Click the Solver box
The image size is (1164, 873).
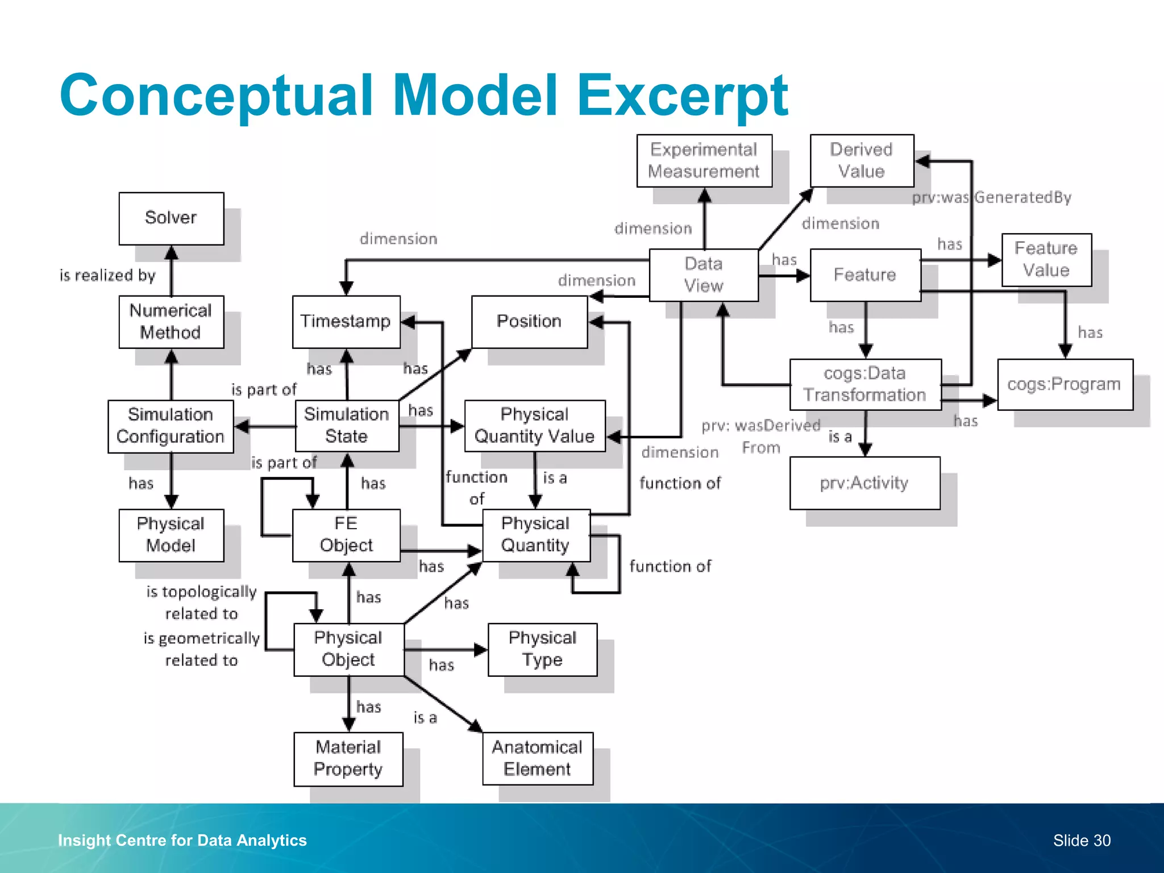[x=171, y=218]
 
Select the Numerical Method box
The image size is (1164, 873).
[x=171, y=322]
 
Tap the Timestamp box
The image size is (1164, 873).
[x=346, y=322]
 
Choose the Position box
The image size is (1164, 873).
[x=529, y=322]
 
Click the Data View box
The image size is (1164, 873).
[x=704, y=275]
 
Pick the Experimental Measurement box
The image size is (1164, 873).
[x=704, y=161]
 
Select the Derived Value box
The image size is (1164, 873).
[x=862, y=161]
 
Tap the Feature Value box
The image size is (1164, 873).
[x=1046, y=260]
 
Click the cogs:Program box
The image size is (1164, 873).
[x=1065, y=384]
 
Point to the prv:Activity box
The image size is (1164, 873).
[x=864, y=483]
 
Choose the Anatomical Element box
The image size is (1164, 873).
[x=538, y=758]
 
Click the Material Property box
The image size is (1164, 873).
[x=348, y=759]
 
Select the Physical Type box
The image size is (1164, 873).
[x=542, y=649]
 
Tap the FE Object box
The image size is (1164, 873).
[x=346, y=535]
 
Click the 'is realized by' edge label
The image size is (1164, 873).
[x=108, y=276]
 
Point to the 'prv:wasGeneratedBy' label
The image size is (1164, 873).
[x=992, y=198]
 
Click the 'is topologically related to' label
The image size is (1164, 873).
[x=202, y=602]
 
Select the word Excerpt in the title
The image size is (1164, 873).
[x=682, y=95]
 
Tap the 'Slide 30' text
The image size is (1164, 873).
[x=1082, y=841]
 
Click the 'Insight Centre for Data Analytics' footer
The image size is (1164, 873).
[x=182, y=841]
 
